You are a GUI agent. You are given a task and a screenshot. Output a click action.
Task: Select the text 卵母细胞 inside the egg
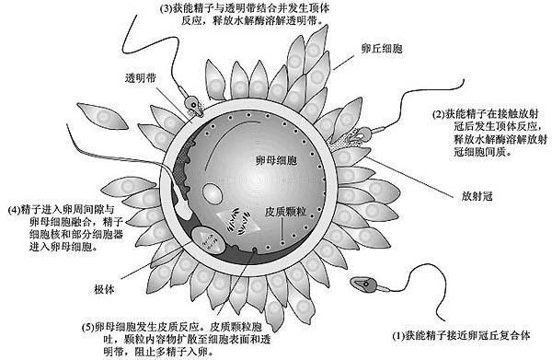coord(278,159)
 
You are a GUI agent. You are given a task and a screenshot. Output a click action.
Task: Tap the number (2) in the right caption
coord(439,113)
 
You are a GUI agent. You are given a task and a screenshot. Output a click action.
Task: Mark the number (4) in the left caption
coord(13,208)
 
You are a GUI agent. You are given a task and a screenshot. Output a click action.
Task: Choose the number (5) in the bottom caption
coord(88,327)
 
